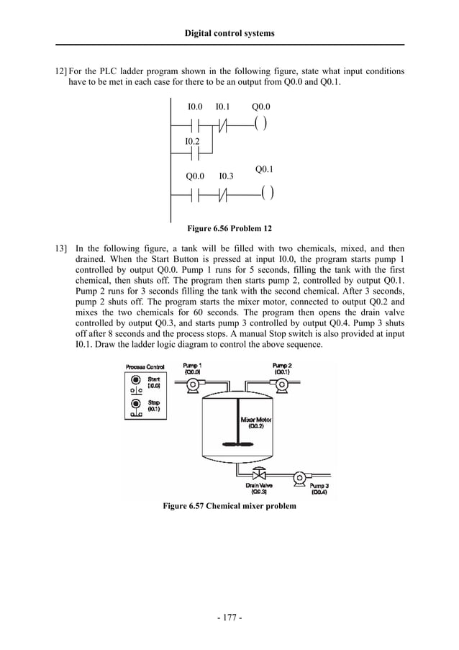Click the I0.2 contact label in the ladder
pos(192,140)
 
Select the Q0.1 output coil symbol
pos(267,193)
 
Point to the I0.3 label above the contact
pos(226,176)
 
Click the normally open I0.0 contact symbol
pos(194,125)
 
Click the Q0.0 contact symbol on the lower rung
pos(195,194)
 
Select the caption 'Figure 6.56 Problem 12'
pos(229,229)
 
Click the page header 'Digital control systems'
pos(229,33)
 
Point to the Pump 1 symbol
pos(192,386)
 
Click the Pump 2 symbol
pos(282,386)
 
